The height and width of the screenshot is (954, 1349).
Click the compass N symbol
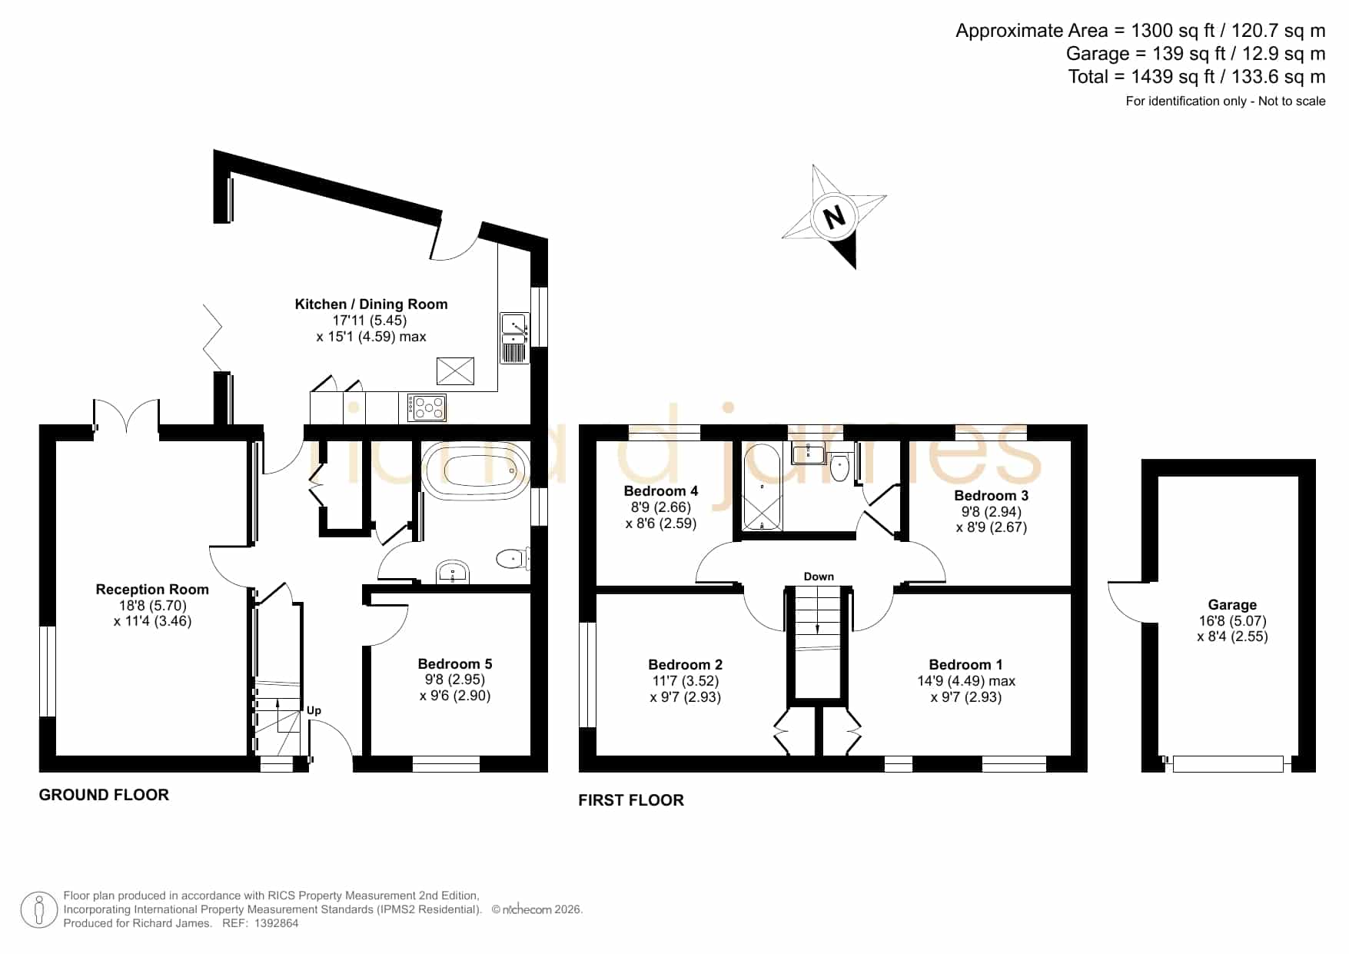(834, 216)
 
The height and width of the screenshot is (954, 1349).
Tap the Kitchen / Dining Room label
(371, 304)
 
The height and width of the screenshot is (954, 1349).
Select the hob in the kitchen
(427, 407)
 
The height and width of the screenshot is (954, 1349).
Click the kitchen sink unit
(514, 337)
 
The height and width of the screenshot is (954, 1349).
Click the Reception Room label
(152, 590)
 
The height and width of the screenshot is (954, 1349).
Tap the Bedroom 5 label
(455, 664)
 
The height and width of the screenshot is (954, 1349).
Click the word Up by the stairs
(314, 711)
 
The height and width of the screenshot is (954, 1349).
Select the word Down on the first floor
(819, 577)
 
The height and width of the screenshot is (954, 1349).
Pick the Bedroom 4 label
(661, 491)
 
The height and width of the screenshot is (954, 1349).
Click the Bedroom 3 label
(992, 496)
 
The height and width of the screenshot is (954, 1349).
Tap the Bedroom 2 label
(686, 665)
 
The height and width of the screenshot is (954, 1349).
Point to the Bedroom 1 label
(965, 665)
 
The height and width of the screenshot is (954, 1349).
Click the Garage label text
(1232, 605)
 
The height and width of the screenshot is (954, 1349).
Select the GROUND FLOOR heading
(104, 795)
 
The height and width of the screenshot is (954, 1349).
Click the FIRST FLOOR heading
(631, 800)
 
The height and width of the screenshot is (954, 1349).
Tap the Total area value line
(1197, 77)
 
